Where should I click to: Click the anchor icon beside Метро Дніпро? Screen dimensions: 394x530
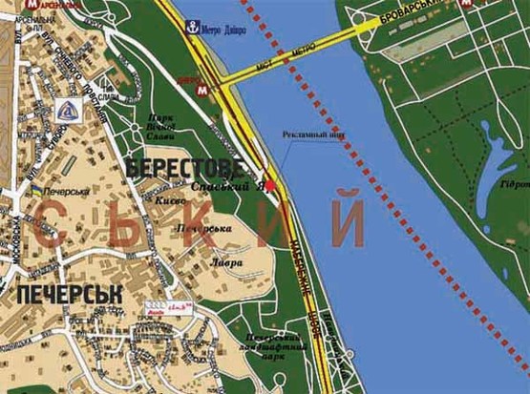192,27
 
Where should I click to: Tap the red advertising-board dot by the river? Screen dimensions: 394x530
270,185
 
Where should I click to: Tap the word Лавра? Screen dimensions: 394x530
229,261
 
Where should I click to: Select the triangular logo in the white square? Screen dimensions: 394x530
69,109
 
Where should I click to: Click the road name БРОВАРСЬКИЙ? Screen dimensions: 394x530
421,15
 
